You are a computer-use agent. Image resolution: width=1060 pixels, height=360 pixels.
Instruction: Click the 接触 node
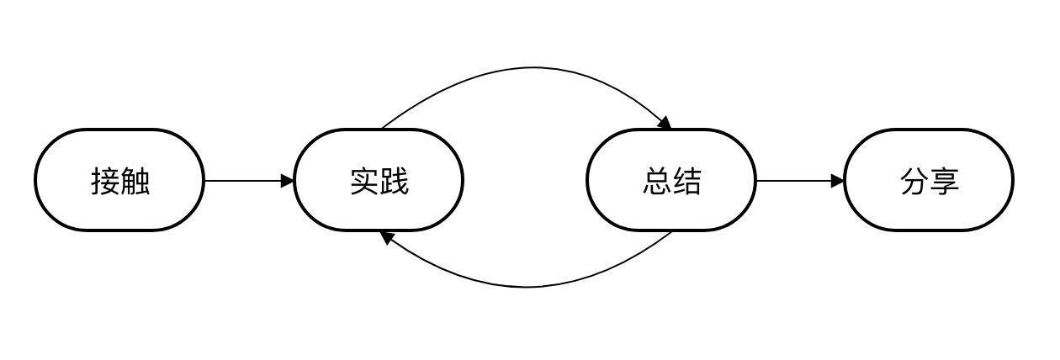point(119,180)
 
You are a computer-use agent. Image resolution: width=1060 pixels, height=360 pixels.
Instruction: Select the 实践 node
point(379,180)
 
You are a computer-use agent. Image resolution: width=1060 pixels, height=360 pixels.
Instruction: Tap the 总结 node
point(671,180)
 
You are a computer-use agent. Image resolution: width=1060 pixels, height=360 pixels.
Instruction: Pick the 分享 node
point(929,180)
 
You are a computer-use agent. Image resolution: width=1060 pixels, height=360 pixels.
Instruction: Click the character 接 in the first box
point(105,181)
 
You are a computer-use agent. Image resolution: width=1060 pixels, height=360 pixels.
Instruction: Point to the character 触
point(135,181)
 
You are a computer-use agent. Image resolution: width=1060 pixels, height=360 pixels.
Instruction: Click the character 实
point(364,181)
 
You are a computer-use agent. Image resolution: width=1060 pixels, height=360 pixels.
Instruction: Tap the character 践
point(394,181)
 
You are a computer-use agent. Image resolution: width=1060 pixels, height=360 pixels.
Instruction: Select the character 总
point(657,181)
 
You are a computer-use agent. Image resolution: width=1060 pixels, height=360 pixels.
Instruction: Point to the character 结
point(686,181)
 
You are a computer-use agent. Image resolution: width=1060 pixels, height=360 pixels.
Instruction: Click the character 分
point(914,181)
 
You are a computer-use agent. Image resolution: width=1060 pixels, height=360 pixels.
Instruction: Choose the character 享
point(944,181)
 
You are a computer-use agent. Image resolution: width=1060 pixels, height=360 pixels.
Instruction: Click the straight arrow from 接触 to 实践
point(244,181)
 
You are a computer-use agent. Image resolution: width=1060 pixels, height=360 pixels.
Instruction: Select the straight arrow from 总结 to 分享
point(795,181)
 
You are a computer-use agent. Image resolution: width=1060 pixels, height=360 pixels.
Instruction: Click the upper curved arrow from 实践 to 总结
point(530,68)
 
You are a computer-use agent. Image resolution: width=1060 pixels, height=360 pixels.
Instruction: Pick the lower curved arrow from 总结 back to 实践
point(526,287)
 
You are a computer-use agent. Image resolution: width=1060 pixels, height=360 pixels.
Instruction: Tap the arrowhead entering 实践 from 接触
point(288,181)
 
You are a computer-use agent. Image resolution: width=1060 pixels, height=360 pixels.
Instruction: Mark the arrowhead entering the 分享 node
point(838,181)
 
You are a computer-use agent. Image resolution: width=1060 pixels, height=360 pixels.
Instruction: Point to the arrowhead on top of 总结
point(665,124)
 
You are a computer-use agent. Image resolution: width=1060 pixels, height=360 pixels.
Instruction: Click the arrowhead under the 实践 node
point(387,237)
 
